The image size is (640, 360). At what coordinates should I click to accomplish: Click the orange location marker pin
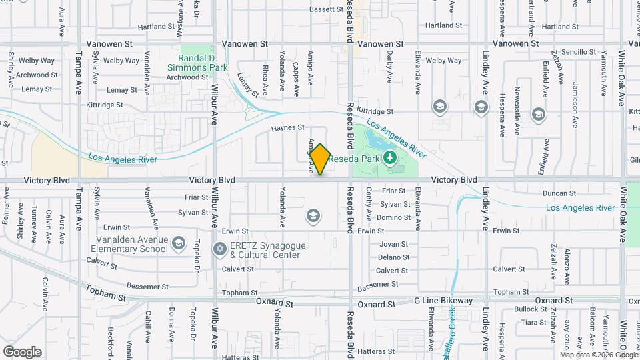tap(321, 159)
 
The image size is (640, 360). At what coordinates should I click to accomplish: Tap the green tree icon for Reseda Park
tap(391, 158)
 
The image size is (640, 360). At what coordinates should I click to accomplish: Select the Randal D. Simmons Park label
tap(203, 63)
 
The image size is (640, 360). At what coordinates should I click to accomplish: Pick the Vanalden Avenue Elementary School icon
tap(178, 243)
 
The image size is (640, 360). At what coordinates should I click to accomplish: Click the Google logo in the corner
tap(22, 351)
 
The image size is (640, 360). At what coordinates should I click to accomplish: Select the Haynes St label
tap(287, 127)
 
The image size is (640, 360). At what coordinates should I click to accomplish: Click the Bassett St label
tap(326, 9)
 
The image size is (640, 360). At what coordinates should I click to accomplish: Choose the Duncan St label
tap(559, 193)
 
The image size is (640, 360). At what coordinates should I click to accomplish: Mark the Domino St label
tap(394, 217)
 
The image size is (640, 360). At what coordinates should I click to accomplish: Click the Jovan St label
tap(393, 244)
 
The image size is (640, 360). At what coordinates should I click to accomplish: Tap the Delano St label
tap(393, 257)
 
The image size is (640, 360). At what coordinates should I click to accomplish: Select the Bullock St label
tap(531, 309)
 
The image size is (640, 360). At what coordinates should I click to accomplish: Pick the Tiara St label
tap(533, 322)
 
